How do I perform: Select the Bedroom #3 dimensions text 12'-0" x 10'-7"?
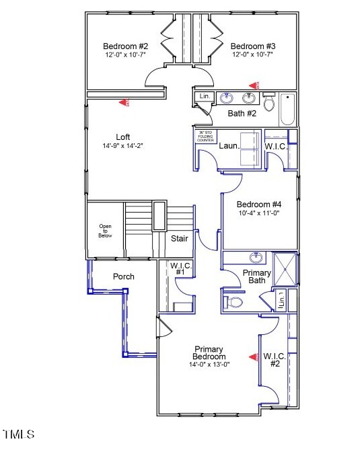pyautogui.click(x=253, y=54)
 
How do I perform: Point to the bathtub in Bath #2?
pyautogui.click(x=288, y=109)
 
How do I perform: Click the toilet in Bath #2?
pyautogui.click(x=269, y=104)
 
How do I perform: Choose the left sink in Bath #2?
pyautogui.click(x=226, y=98)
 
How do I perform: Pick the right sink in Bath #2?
pyautogui.click(x=249, y=98)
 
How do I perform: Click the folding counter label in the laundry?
pyautogui.click(x=205, y=136)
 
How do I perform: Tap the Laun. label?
pyautogui.click(x=229, y=145)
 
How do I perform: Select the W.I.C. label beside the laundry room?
pyautogui.click(x=276, y=145)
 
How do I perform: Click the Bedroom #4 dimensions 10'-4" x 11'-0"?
pyautogui.click(x=259, y=213)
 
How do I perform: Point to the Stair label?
pyautogui.click(x=179, y=238)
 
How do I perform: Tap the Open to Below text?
pyautogui.click(x=106, y=231)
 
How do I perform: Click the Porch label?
pyautogui.click(x=123, y=276)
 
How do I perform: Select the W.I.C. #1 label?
pyautogui.click(x=181, y=270)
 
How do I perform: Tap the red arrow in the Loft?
pyautogui.click(x=124, y=102)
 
